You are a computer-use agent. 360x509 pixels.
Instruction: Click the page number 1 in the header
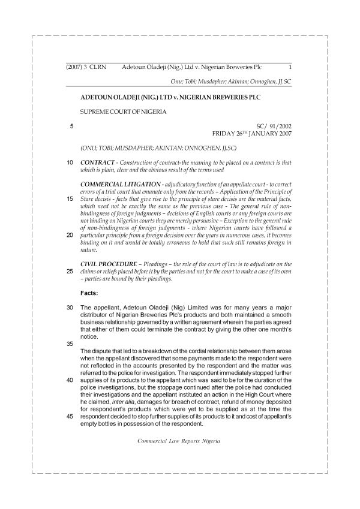[x=290, y=67]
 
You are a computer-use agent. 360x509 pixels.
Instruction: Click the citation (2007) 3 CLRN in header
[x=86, y=67]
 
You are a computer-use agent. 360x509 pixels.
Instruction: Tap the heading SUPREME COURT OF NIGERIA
[x=122, y=112]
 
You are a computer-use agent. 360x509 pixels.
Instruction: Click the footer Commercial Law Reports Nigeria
[x=179, y=441]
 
